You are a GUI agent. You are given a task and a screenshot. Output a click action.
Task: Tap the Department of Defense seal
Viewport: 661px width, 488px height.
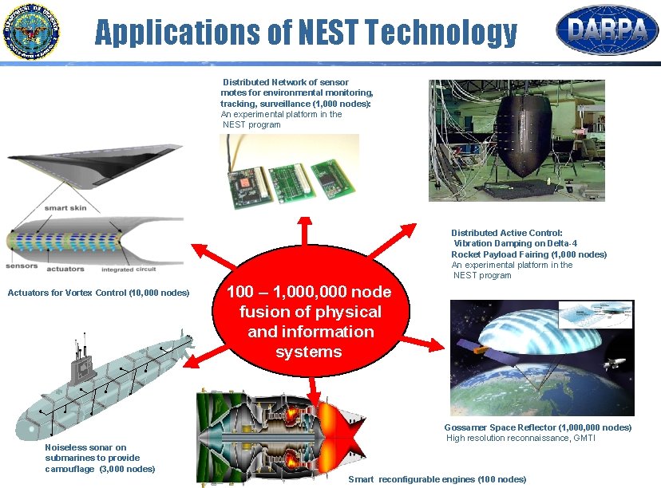pos(32,33)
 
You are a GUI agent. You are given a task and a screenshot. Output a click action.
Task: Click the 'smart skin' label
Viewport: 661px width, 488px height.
pos(65,208)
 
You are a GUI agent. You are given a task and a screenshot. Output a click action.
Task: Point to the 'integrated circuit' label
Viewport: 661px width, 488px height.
pos(129,270)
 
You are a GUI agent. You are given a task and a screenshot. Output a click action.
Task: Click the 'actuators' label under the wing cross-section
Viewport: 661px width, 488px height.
pos(66,270)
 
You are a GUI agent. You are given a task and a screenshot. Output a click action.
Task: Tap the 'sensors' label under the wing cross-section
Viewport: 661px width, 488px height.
pos(22,266)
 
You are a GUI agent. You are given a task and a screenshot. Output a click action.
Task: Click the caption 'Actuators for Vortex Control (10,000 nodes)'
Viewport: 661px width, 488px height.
pos(98,293)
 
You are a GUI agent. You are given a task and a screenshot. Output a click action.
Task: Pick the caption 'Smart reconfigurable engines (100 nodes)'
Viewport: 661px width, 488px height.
pos(437,479)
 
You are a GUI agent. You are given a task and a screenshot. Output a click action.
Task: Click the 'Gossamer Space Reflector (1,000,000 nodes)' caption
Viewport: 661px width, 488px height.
pos(537,427)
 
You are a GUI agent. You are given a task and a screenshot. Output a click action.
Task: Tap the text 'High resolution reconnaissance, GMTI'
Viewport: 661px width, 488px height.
pos(520,438)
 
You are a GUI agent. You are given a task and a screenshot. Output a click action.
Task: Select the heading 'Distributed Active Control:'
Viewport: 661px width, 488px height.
pos(506,233)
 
